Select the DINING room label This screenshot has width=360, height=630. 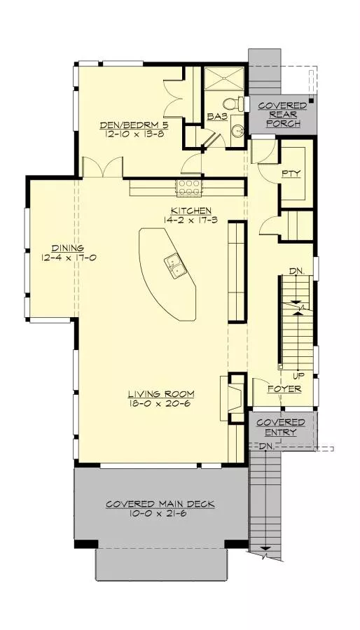point(67,248)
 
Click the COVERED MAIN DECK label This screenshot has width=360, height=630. point(160,504)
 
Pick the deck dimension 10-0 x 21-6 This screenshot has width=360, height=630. point(160,514)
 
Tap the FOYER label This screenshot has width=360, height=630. point(284,388)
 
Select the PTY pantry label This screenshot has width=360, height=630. point(291,173)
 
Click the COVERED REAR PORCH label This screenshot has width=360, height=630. point(282,115)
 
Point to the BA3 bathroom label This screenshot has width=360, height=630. point(217,118)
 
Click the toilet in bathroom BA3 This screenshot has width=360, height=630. point(239,105)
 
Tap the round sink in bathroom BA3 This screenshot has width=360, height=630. point(237,130)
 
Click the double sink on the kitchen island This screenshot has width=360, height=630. point(175,266)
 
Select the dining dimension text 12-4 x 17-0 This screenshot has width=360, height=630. point(67,257)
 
